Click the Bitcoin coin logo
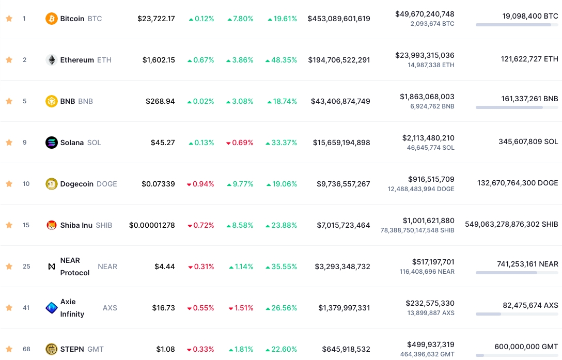[51, 19]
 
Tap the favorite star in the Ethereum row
[9, 60]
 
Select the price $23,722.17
[157, 19]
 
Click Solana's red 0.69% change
[240, 143]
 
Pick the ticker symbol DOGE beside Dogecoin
[107, 184]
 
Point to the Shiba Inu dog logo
[51, 225]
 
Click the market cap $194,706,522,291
[339, 60]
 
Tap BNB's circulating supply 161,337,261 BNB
[530, 99]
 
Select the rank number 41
[26, 308]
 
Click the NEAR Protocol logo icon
[51, 267]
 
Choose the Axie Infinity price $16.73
[163, 308]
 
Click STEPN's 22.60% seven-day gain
[282, 349]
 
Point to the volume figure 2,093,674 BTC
[432, 24]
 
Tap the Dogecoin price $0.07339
[158, 184]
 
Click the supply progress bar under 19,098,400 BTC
[517, 25]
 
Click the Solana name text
[72, 143]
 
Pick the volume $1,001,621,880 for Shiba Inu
[429, 221]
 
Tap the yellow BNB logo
[51, 101]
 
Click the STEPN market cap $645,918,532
[346, 349]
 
